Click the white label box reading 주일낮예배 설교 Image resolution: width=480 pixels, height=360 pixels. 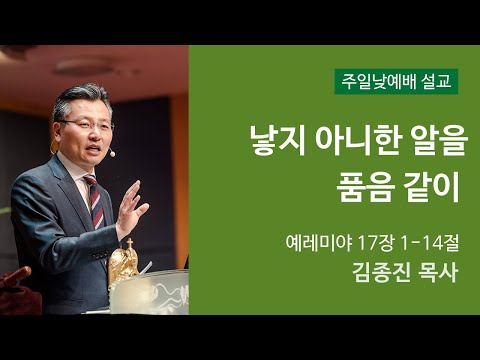[x=396, y=81]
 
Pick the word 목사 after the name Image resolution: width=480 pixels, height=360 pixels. [x=434, y=274]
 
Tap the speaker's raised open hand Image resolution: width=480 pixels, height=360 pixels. [x=131, y=204]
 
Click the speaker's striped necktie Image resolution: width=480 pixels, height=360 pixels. [x=96, y=199]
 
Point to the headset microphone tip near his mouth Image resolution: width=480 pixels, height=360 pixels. [x=112, y=154]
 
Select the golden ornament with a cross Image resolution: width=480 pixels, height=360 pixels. [x=124, y=262]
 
